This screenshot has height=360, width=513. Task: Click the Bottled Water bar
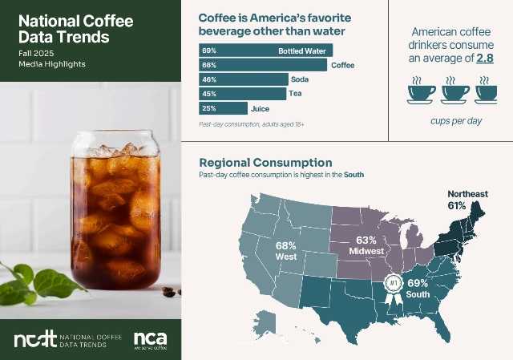pyautogui.click(x=265, y=51)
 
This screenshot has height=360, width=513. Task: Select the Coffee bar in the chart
pyautogui.click(x=262, y=65)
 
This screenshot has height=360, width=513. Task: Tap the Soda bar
pyautogui.click(x=243, y=79)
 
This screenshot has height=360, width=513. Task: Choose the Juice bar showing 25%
pyautogui.click(x=223, y=108)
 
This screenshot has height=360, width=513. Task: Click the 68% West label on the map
pyautogui.click(x=285, y=250)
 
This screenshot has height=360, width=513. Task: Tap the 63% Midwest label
pyautogui.click(x=366, y=245)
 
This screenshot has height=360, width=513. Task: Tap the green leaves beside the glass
pyautogui.click(x=36, y=281)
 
